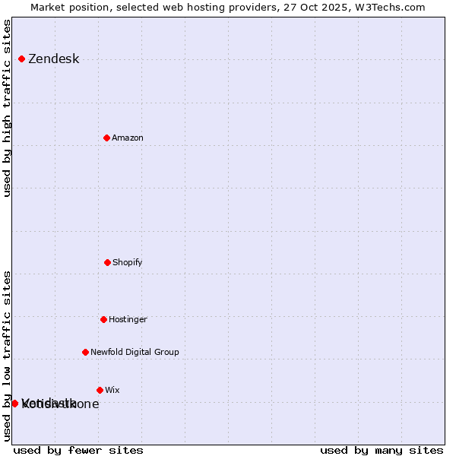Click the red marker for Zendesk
tap(21, 59)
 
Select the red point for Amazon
tap(106, 138)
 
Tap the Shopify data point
tap(107, 262)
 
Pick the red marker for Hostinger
tap(103, 319)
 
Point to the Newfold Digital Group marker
tap(85, 352)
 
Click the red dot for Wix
tap(100, 390)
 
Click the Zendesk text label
tap(53, 59)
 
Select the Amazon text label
tap(127, 138)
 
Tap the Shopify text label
tap(127, 263)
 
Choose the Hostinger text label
tap(128, 320)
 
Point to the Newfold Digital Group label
tap(135, 353)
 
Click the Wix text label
tap(112, 391)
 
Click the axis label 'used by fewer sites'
tap(78, 450)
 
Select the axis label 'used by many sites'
tap(382, 450)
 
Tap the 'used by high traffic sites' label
tap(7, 108)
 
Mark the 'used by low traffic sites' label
tap(7, 355)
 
